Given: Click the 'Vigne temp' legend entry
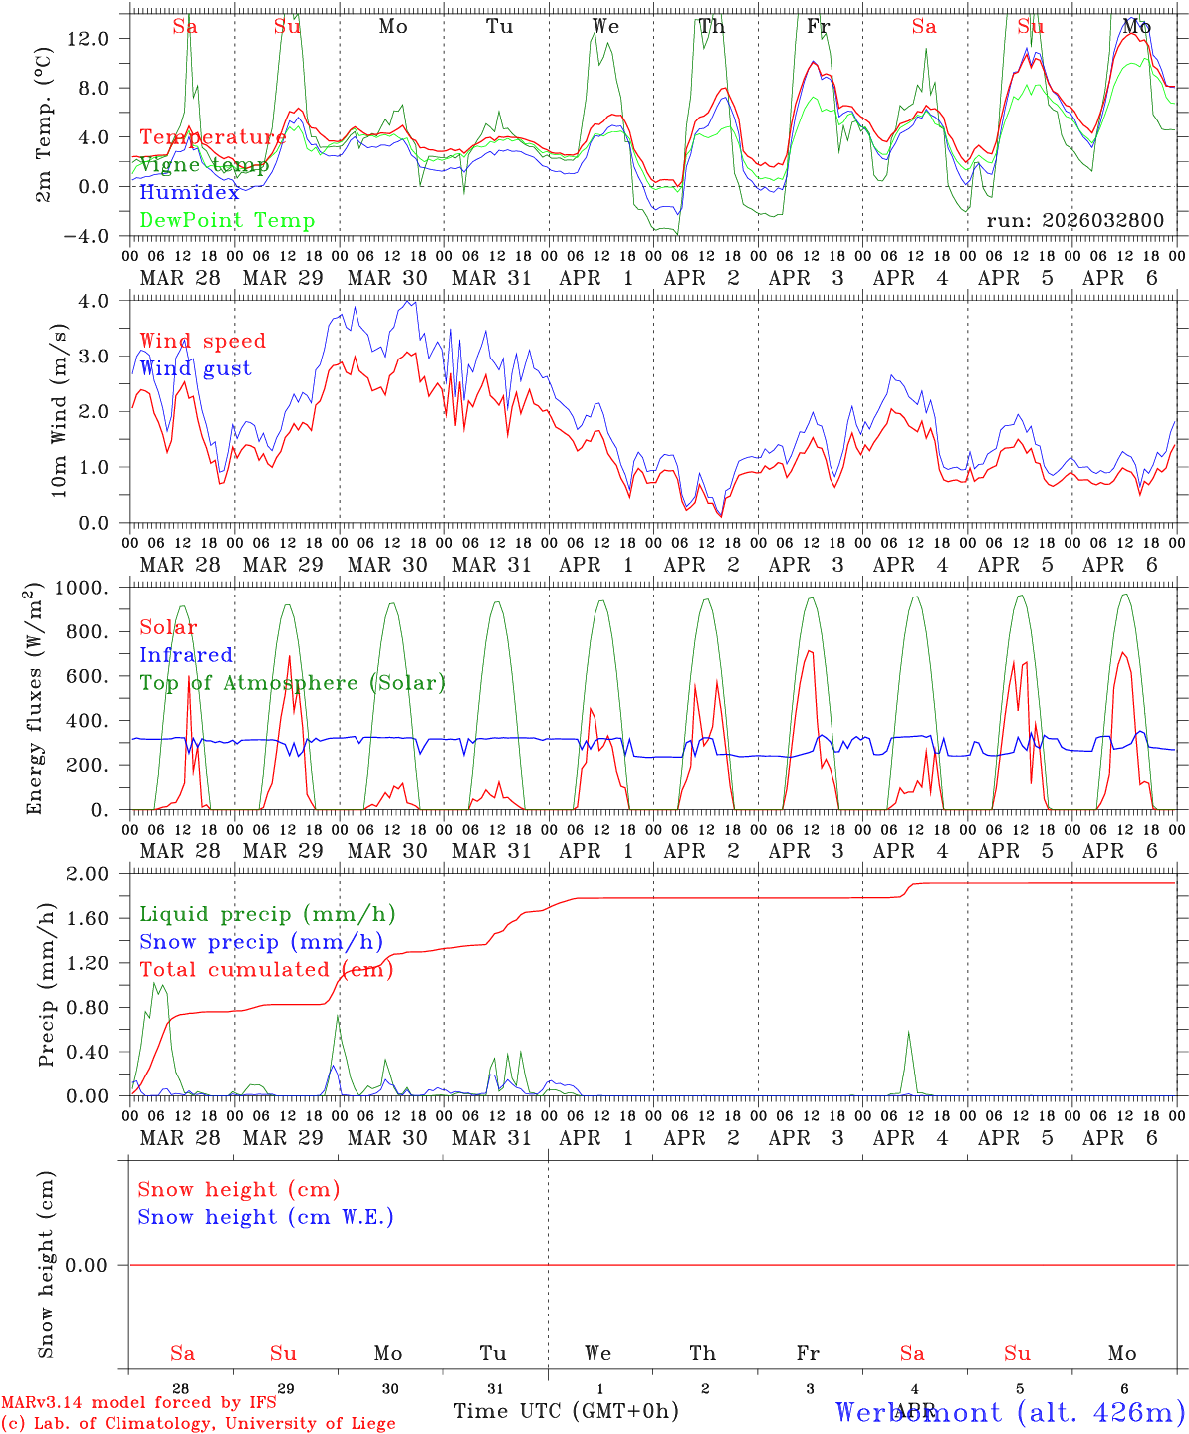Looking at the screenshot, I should pyautogui.click(x=204, y=165).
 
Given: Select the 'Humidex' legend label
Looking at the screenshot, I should pyautogui.click(x=189, y=193).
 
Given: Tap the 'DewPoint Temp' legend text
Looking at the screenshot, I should pyautogui.click(x=227, y=221).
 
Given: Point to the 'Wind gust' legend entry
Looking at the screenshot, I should pyautogui.click(x=195, y=368).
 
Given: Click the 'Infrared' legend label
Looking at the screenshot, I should pyautogui.click(x=186, y=655).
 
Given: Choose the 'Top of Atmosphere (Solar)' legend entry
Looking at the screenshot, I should pyautogui.click(x=293, y=683).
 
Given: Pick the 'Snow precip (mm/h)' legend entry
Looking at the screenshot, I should pyautogui.click(x=261, y=942).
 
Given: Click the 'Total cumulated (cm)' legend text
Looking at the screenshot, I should pyautogui.click(x=264, y=970).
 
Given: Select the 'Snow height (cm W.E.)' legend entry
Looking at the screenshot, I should pyautogui.click(x=266, y=1217).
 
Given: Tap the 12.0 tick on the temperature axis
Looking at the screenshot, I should pyautogui.click(x=87, y=38).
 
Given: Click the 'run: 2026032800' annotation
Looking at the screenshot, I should pyautogui.click(x=1074, y=221).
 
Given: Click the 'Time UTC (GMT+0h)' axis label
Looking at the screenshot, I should pyautogui.click(x=566, y=1411).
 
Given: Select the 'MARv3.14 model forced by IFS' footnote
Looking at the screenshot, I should pyautogui.click(x=138, y=1403).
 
